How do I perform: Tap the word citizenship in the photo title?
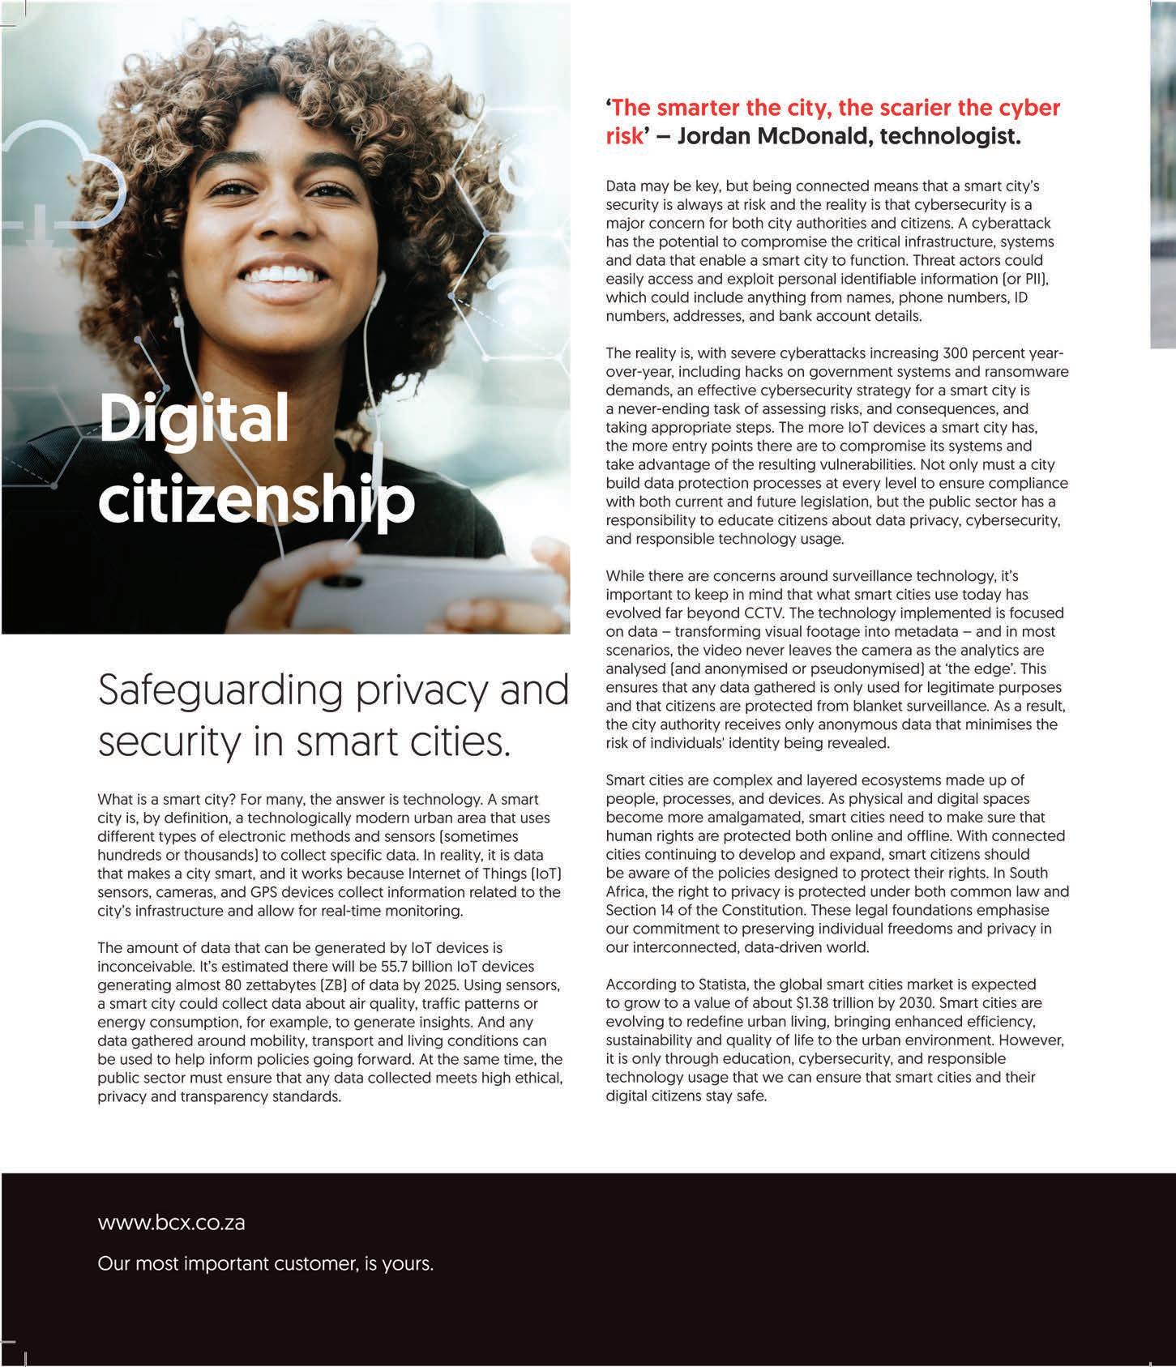coord(256,500)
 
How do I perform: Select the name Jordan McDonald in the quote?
coord(771,135)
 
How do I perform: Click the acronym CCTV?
coord(785,613)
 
